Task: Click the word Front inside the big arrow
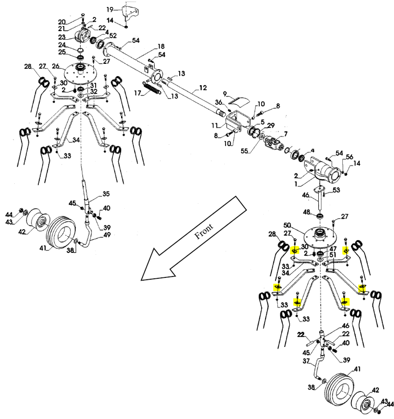tap(203, 233)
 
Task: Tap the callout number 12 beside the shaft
tap(203, 88)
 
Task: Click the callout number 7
tap(286, 134)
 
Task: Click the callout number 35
tap(106, 194)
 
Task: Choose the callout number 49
tap(107, 234)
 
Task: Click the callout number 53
tap(336, 190)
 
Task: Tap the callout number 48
tap(306, 212)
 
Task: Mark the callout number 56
tap(349, 157)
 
